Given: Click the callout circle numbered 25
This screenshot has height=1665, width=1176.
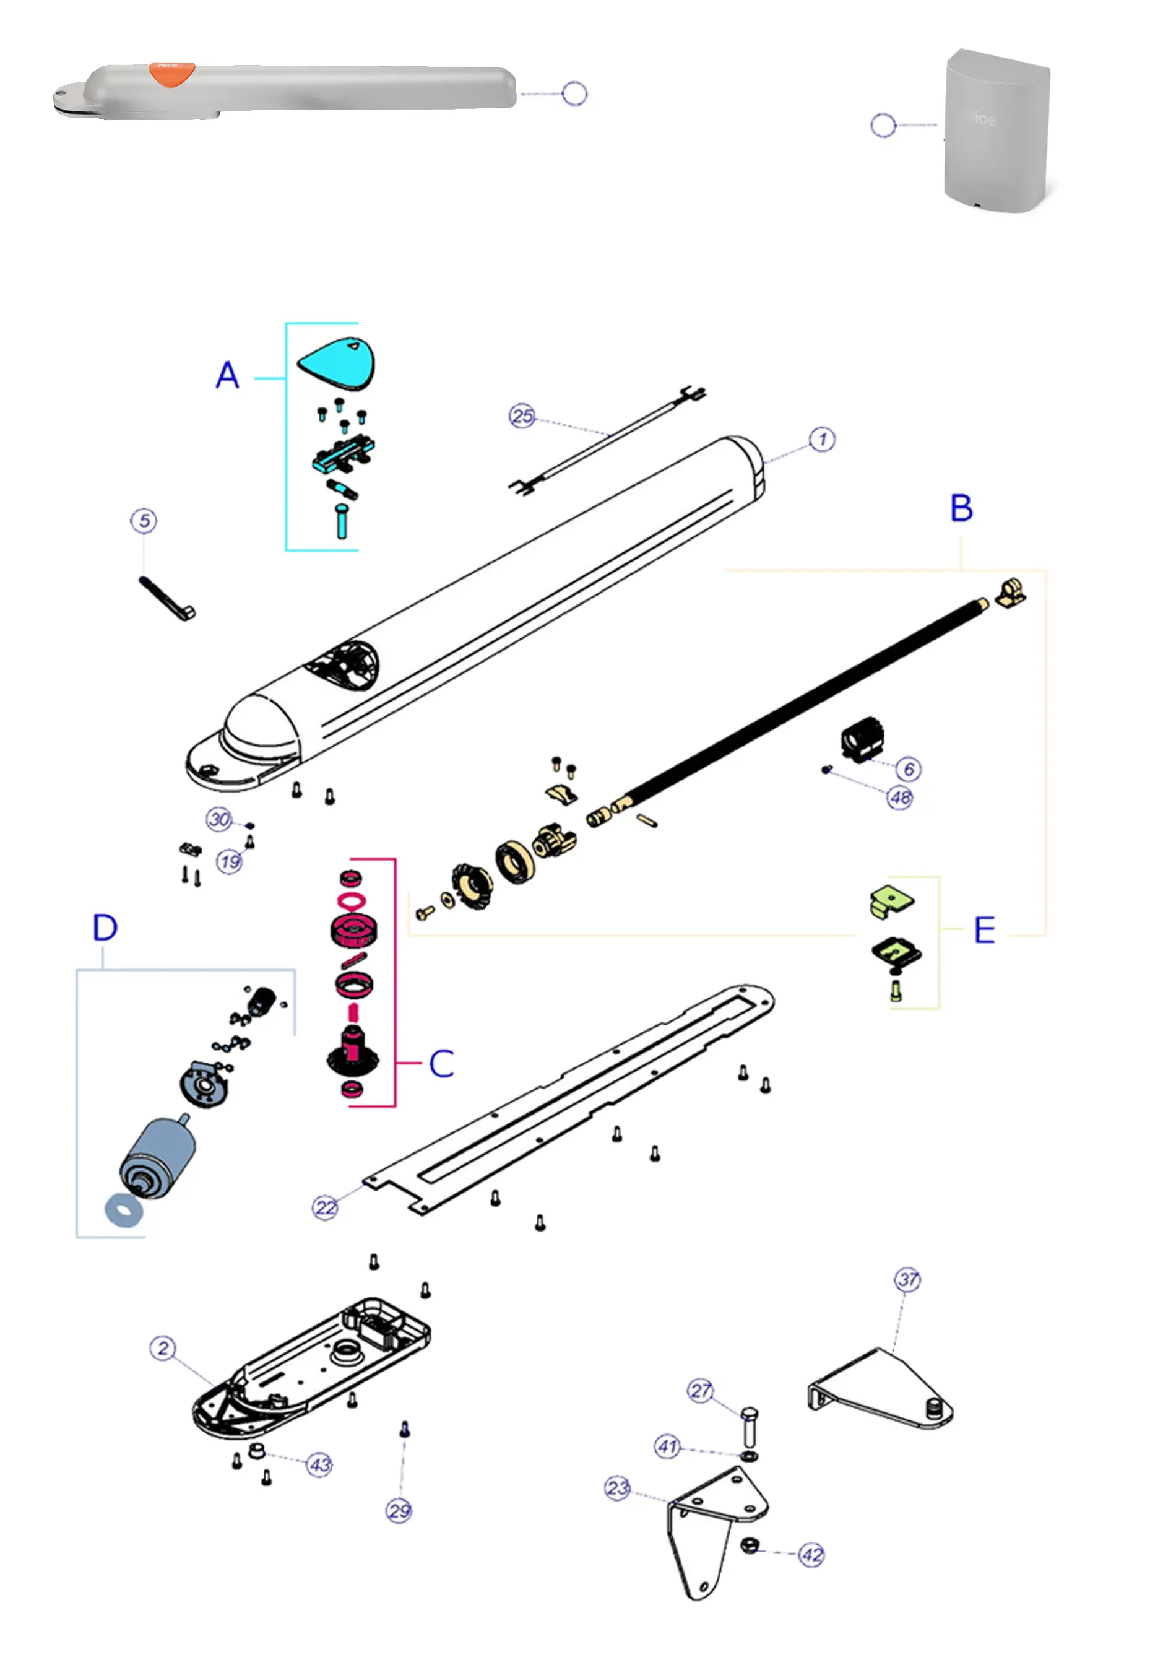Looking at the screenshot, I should click(522, 416).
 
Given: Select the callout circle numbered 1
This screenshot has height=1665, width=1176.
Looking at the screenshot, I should click(821, 440).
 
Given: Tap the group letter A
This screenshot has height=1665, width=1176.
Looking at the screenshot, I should click(228, 376).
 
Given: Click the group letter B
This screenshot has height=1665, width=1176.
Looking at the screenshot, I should click(961, 508).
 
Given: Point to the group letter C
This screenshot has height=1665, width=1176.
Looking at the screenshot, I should click(441, 1064).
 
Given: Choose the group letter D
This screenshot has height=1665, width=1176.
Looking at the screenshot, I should click(105, 928).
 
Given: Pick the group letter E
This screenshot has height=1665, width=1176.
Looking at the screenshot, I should click(984, 931).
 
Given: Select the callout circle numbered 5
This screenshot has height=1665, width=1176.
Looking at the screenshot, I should click(144, 521).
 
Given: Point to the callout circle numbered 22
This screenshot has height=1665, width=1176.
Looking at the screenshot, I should click(326, 1208).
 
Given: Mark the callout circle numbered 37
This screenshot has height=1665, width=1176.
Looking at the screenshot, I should click(908, 1280).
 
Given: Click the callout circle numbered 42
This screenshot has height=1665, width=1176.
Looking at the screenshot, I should click(811, 1555).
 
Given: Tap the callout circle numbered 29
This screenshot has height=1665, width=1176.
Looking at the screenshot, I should click(399, 1511).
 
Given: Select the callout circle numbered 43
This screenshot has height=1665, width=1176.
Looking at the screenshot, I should click(320, 1464).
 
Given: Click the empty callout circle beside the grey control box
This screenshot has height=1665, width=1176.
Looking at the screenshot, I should click(883, 126).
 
